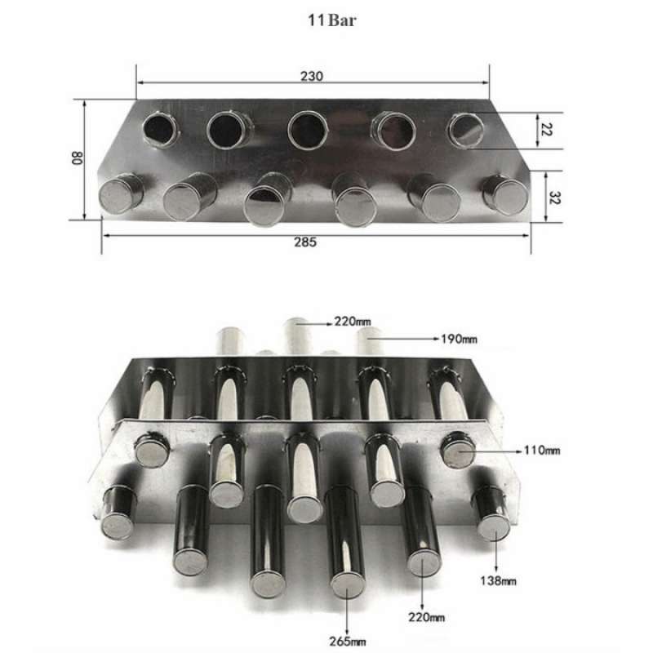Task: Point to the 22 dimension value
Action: point(548,131)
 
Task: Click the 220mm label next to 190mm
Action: point(352,321)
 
